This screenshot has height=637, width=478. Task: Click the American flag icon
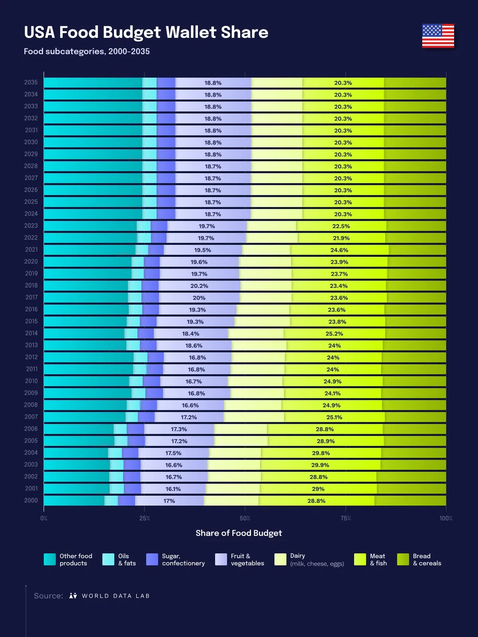point(438,36)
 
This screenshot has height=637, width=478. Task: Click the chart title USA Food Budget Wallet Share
point(146,32)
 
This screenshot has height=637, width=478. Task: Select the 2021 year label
point(31,250)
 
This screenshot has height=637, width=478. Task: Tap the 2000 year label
point(31,500)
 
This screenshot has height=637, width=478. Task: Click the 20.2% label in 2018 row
point(199,286)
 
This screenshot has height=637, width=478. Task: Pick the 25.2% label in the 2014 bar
point(334,334)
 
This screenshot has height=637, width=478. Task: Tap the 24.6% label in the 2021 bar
point(339,250)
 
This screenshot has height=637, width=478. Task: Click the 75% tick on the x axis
point(345,518)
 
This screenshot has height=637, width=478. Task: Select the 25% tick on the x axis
point(145,518)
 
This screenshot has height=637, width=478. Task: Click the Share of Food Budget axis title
point(239,533)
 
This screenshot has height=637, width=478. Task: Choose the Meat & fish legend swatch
point(360,559)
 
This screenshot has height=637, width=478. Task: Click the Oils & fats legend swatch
point(108,559)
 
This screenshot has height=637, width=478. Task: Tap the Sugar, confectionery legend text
point(183,559)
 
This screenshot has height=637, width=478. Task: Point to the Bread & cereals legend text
point(427,559)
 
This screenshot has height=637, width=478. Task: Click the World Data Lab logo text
point(116,596)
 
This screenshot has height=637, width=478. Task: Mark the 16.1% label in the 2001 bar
point(173,489)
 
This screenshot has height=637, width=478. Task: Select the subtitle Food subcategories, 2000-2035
point(87,51)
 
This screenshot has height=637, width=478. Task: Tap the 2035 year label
point(31,82)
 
